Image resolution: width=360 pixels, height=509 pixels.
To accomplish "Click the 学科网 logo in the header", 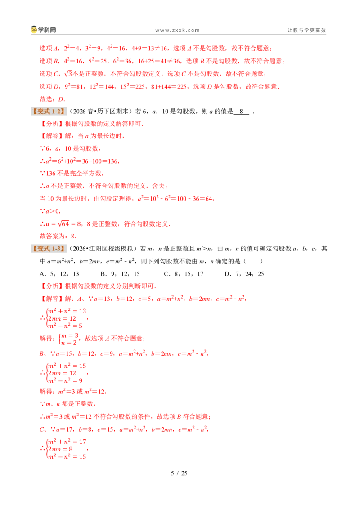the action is coord(44,30).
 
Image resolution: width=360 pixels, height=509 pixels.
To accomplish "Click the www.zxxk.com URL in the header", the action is coord(177,31).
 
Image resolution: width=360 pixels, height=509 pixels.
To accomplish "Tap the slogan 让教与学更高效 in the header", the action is coord(306,30).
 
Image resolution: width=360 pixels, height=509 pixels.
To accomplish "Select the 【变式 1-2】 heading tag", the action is coord(49,112).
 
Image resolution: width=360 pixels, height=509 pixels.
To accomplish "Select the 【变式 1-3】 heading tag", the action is coord(49,249).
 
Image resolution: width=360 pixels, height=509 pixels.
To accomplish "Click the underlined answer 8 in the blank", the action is coord(241,112).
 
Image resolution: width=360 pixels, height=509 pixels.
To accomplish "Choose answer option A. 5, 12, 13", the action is coord(59,274).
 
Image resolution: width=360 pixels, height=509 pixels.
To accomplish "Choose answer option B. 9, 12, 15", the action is coord(120,274).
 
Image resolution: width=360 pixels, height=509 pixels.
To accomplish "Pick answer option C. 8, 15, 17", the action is coord(184,274).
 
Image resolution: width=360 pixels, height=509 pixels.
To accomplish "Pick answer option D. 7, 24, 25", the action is coord(244,274).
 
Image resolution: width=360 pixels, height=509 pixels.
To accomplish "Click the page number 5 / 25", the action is coord(179,473).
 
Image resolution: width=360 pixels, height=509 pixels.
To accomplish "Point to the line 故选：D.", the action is coord(52,99).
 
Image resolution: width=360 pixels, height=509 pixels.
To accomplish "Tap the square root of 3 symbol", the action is coord(68,74).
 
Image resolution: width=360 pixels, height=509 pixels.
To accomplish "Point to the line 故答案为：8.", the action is coord(58,236).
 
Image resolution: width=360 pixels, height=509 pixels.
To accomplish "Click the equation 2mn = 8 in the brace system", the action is coord(60,449).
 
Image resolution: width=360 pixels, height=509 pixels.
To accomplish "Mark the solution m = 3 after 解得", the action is coord(70,335).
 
